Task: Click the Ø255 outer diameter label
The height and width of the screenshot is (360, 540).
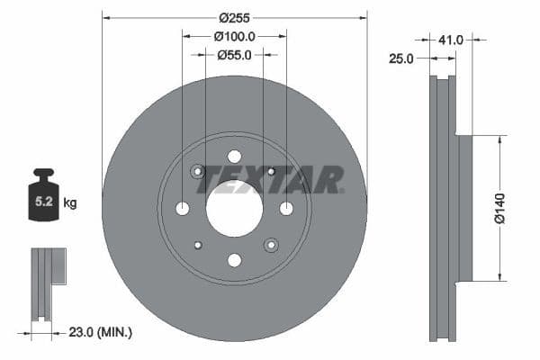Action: [235, 17]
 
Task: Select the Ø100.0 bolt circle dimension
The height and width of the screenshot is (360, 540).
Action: [235, 37]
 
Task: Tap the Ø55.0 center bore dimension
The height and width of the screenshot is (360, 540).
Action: [235, 56]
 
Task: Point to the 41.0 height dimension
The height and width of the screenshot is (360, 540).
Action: [451, 40]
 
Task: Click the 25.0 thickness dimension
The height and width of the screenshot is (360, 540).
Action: [401, 58]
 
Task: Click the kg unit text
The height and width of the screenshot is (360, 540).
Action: [69, 203]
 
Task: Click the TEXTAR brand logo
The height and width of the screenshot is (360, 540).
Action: [270, 179]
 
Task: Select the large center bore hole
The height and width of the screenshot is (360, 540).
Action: [234, 208]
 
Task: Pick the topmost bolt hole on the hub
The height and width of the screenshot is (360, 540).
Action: [234, 157]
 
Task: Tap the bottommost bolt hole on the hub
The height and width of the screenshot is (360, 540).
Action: [234, 260]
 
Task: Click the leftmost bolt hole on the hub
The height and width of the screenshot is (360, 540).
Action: [183, 209]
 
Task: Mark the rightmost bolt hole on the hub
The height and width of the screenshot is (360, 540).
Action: [286, 209]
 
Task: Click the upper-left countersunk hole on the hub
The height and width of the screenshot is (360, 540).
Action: [198, 171]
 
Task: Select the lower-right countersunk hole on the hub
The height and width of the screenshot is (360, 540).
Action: [270, 245]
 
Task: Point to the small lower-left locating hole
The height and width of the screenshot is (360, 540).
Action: [198, 245]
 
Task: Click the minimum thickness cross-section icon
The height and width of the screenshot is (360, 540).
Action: [45, 283]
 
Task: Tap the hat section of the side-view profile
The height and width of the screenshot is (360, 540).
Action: [464, 208]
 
